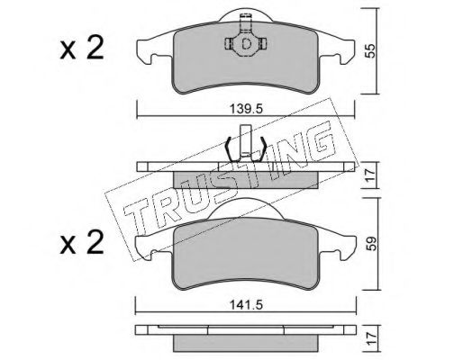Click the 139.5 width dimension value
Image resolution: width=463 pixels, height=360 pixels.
tap(246, 109)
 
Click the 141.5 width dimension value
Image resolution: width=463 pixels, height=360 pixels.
tap(246, 305)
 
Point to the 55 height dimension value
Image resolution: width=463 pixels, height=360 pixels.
tap(370, 50)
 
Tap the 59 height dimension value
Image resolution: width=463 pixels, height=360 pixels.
tap(370, 243)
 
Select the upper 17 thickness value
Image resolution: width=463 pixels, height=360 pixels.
tap(370, 174)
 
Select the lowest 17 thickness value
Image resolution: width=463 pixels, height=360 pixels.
tap(370, 338)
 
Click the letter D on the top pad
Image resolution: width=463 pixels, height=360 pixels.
tap(246, 44)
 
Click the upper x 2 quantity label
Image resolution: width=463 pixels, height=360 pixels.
tap(82, 48)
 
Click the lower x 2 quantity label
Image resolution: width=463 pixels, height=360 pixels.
tap(82, 243)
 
